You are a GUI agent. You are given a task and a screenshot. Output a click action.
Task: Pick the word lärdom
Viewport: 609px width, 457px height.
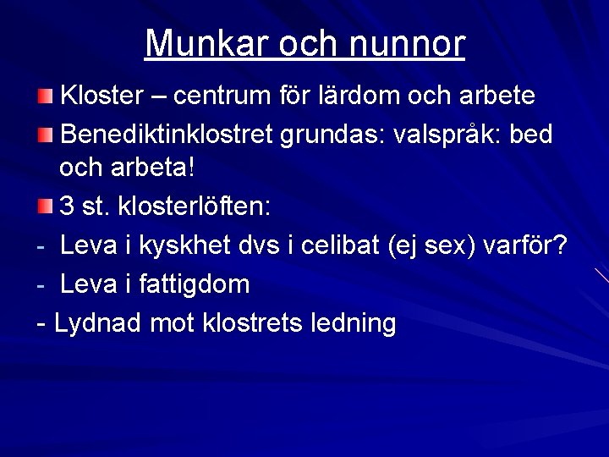(353, 95)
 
